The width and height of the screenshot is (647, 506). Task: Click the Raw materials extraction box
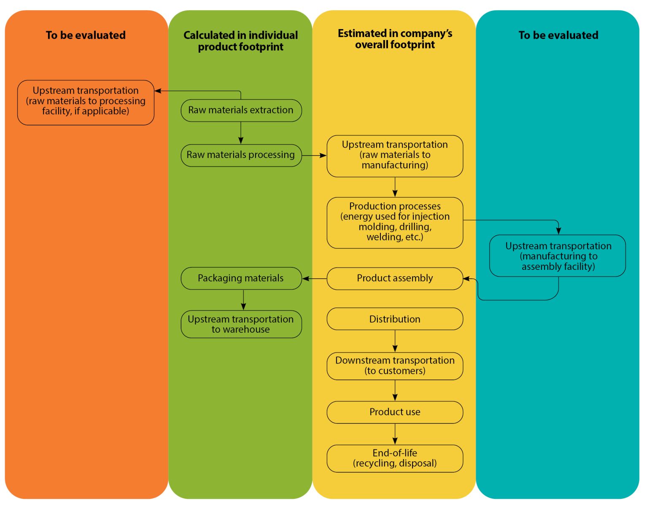[241, 110]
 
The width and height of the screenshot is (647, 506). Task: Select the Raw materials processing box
[241, 155]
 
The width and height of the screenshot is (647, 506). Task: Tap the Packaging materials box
[241, 278]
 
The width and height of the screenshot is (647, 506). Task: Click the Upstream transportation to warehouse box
[241, 324]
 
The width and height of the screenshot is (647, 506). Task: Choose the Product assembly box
[395, 278]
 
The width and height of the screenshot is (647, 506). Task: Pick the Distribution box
[395, 319]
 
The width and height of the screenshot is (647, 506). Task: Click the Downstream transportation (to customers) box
[395, 366]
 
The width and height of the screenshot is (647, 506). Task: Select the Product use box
[395, 412]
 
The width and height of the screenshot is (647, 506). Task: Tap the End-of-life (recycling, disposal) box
[395, 458]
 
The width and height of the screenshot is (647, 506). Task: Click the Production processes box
[395, 222]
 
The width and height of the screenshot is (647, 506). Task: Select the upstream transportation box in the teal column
[558, 256]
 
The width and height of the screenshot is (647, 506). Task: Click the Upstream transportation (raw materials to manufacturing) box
[395, 156]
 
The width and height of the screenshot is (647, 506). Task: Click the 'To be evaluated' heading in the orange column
[86, 35]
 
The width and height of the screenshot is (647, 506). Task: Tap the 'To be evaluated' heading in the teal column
[558, 35]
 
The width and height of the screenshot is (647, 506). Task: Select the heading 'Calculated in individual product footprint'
[241, 41]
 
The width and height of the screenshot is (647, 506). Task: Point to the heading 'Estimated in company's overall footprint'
[395, 39]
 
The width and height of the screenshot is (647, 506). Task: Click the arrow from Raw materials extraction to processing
[241, 133]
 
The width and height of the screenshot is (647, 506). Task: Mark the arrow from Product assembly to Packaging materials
[315, 278]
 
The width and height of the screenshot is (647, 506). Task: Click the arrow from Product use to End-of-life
[395, 434]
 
